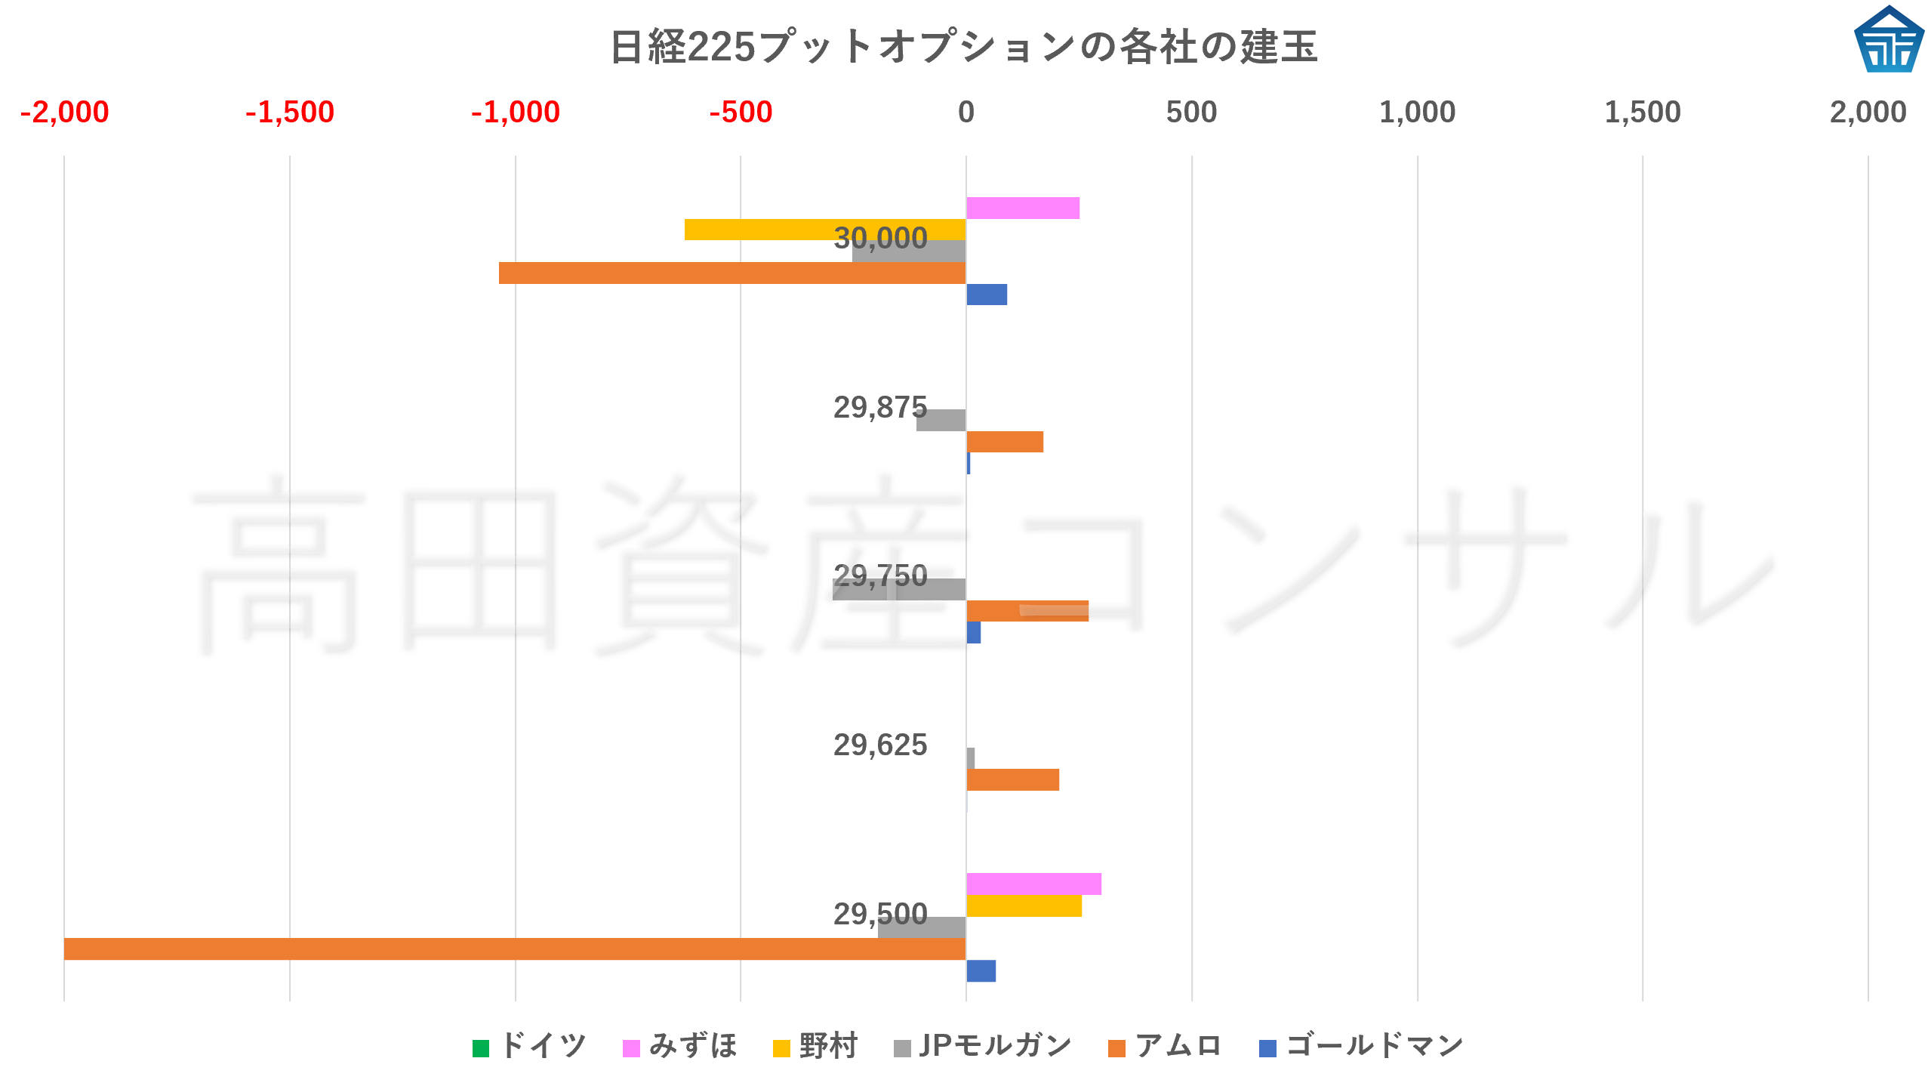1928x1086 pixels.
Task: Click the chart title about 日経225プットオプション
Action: [963, 47]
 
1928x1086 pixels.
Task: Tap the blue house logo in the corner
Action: [1888, 40]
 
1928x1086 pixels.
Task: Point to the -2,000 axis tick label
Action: [64, 113]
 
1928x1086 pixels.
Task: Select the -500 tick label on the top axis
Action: [741, 113]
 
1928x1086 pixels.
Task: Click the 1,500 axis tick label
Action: [1642, 113]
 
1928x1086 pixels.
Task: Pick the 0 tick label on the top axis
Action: [966, 113]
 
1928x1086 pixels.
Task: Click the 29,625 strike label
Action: [879, 745]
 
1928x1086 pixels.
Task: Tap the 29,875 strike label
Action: [879, 408]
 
